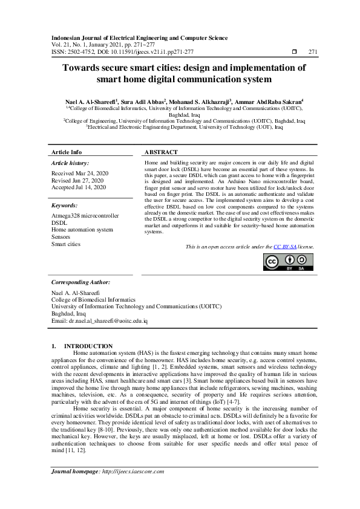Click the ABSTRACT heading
tap(162, 152)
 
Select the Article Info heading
tap(67, 152)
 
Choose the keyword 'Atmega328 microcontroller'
tap(85, 216)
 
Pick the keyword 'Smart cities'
tap(67, 244)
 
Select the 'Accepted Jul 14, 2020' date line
tap(79, 187)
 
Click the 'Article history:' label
tap(70, 163)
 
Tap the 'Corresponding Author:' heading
tap(80, 282)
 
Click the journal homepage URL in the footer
tap(132, 471)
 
